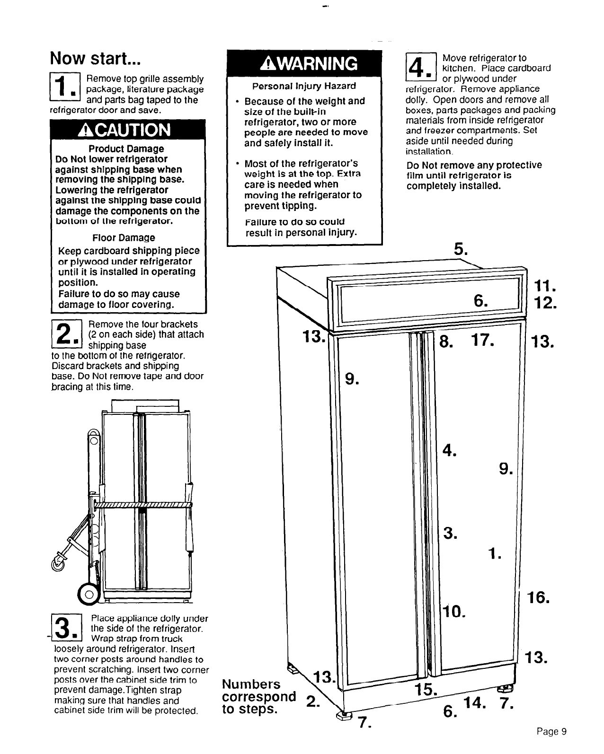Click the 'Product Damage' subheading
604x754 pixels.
128,149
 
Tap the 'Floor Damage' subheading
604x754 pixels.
124,238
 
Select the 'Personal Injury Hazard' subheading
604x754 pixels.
304,86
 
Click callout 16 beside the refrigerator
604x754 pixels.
539,598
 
